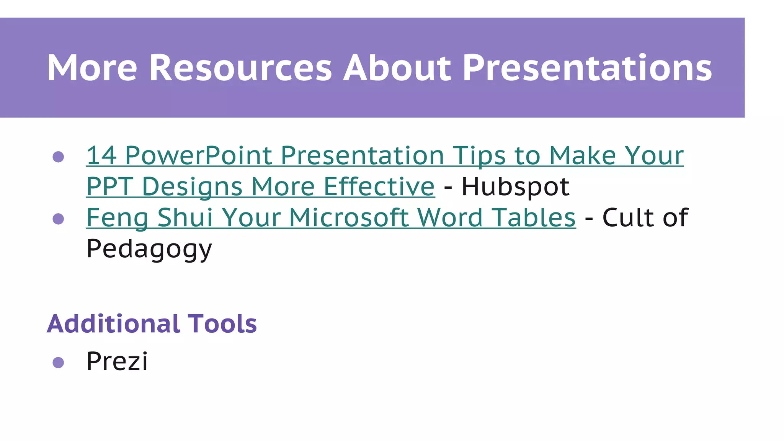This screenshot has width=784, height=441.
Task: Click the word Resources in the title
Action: [240, 68]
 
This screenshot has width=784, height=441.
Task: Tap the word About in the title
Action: [397, 68]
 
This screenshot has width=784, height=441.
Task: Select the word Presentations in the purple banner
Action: [587, 68]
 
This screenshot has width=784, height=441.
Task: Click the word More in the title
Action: [92, 68]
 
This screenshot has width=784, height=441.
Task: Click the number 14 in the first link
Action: [101, 155]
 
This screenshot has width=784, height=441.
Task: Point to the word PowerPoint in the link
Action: [198, 155]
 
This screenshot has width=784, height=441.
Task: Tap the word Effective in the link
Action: [379, 186]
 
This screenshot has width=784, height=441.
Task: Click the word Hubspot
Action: [515, 186]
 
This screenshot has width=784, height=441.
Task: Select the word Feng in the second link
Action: [117, 218]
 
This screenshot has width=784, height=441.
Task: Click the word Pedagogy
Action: [149, 249]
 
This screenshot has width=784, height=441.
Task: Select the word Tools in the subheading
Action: [222, 324]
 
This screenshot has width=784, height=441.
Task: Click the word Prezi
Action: [117, 361]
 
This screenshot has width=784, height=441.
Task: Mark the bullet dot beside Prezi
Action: [58, 362]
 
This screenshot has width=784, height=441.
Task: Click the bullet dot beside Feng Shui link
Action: [58, 219]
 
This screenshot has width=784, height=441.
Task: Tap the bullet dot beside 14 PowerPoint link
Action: [58, 157]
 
